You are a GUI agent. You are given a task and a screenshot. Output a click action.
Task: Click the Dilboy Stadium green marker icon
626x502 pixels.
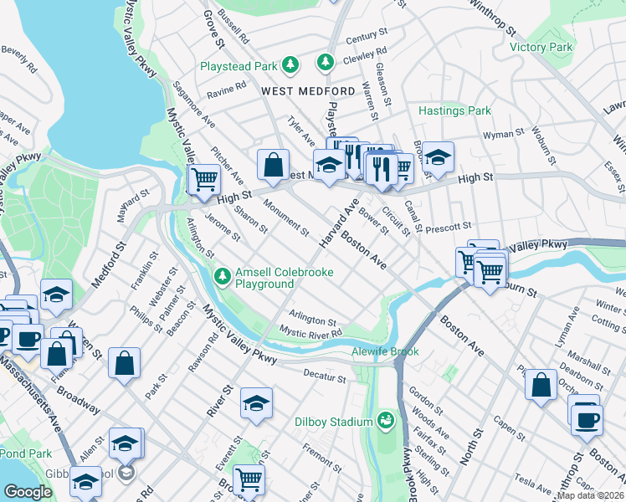click(x=386, y=419)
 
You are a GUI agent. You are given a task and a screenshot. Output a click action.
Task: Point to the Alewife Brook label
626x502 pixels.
click(x=379, y=352)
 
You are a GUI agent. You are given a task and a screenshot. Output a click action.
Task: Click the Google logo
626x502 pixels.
click(x=28, y=492)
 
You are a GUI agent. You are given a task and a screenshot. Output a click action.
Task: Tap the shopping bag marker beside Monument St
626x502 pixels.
click(x=273, y=165)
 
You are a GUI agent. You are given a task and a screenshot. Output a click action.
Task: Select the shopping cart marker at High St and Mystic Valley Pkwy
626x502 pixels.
click(x=204, y=178)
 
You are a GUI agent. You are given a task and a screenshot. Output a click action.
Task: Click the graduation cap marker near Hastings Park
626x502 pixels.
click(x=438, y=156)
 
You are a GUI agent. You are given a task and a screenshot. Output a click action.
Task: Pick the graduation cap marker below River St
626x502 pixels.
click(x=256, y=403)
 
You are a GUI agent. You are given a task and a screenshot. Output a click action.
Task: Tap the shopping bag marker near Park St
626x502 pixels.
click(x=124, y=363)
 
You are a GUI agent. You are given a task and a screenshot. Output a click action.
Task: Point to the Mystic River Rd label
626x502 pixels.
click(x=311, y=333)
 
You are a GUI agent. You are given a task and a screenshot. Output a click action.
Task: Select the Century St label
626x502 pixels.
click(x=362, y=38)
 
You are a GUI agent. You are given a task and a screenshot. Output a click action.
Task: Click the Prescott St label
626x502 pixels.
click(x=450, y=225)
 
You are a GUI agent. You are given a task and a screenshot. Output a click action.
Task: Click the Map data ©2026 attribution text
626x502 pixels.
click(x=590, y=495)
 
